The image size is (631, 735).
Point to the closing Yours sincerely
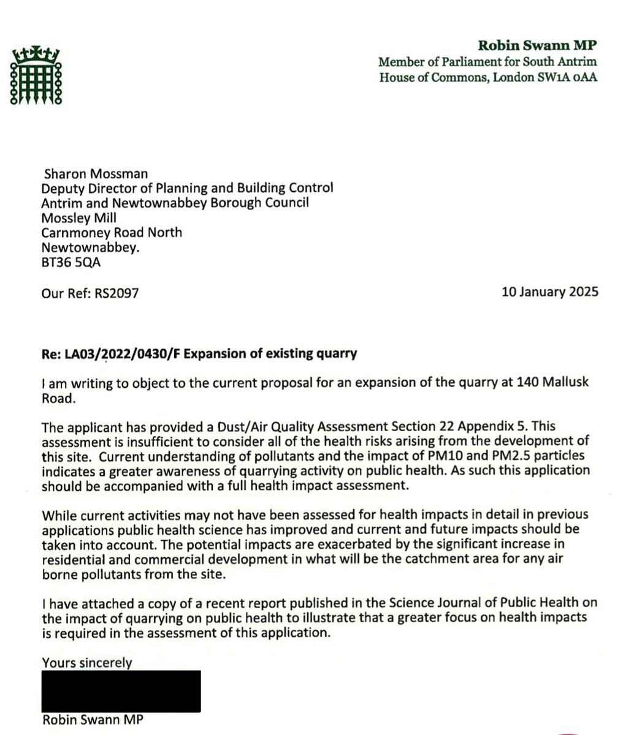[86, 662]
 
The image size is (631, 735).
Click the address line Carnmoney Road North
[111, 233]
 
